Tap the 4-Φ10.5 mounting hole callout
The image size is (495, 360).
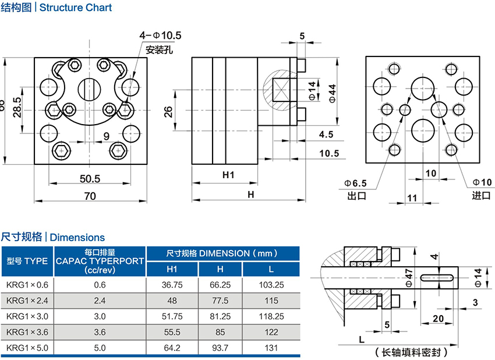160,36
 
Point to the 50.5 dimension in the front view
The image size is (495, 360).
90,178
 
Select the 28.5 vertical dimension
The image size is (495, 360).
17,104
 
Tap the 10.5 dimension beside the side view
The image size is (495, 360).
329,153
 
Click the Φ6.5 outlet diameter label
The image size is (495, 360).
357,183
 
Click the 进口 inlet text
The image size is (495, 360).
481,196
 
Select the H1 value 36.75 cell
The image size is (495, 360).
172,285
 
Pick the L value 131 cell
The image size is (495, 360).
271,348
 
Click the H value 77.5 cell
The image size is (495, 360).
220,301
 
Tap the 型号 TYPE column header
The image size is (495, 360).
27,261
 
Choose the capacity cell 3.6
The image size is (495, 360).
100,333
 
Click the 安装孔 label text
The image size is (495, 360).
160,50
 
